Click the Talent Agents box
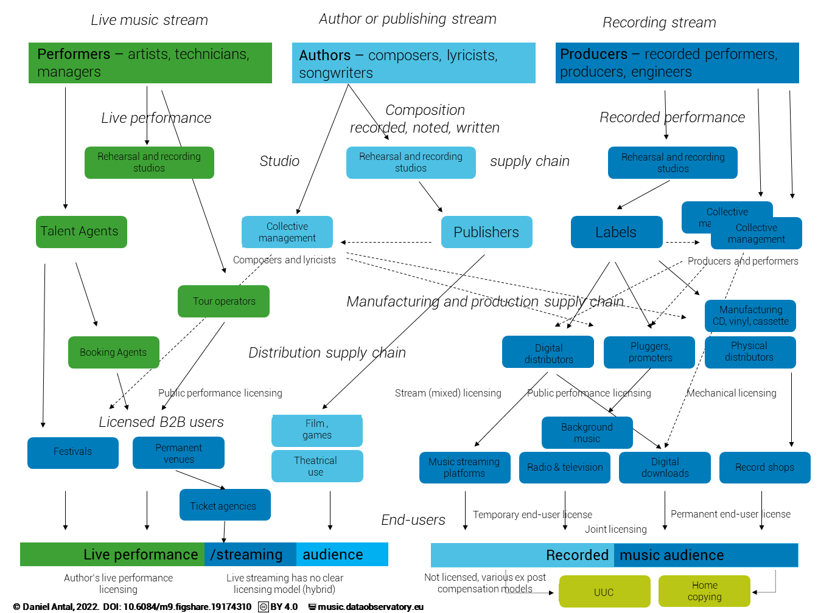[81, 232]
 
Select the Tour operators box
[223, 302]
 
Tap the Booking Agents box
[113, 353]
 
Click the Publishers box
[486, 232]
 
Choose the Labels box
[616, 232]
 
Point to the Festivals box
[72, 452]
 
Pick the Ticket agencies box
[225, 505]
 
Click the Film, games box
[316, 430]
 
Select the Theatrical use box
[316, 466]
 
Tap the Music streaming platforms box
[464, 468]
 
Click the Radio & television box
[564, 468]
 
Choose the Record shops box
[764, 468]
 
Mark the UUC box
[604, 592]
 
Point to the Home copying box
[704, 591]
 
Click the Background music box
[587, 432]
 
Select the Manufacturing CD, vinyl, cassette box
[750, 316]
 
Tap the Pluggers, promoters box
[649, 352]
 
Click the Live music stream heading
[149, 20]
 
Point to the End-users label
[413, 520]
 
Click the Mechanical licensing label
[732, 393]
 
